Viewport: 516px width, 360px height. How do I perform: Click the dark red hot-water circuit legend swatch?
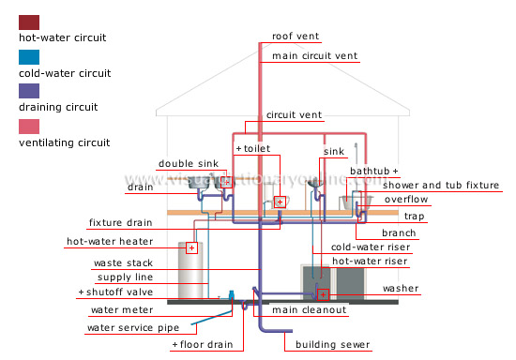coord(29,22)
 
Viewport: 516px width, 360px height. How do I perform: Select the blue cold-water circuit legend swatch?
coord(29,56)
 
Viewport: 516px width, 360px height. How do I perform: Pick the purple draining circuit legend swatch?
coord(29,91)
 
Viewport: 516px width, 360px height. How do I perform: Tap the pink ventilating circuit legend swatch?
coord(29,126)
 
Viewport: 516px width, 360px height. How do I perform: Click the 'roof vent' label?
coord(296,37)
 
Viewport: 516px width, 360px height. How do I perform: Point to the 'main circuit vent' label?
coord(311,56)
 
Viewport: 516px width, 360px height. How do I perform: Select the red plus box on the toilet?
coord(280,202)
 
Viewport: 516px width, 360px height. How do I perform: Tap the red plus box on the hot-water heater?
coord(191,248)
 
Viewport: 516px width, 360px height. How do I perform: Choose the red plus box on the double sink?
coord(225,181)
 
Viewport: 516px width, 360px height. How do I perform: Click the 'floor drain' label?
coord(203,344)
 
